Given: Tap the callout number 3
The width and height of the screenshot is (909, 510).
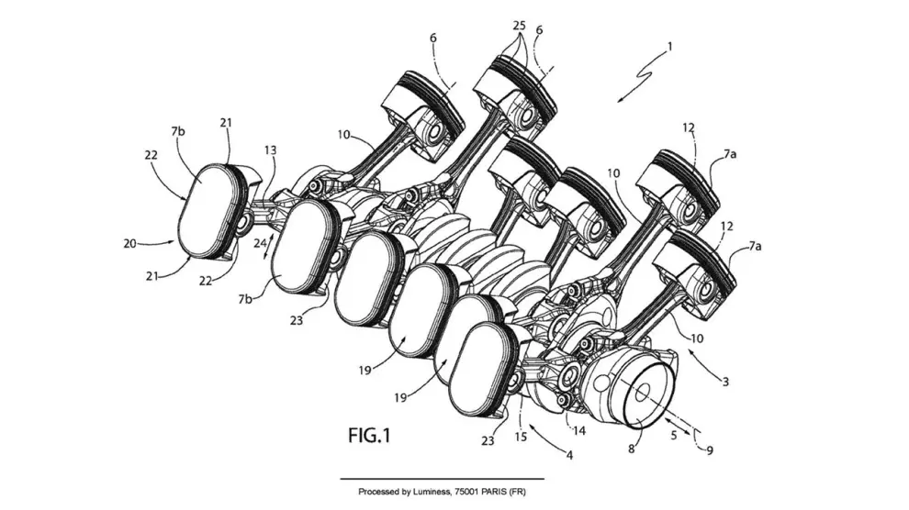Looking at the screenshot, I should (x=725, y=380).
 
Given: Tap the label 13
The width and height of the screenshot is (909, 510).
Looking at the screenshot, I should (x=270, y=150).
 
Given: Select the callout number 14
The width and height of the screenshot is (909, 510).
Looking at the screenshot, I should (x=579, y=429).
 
